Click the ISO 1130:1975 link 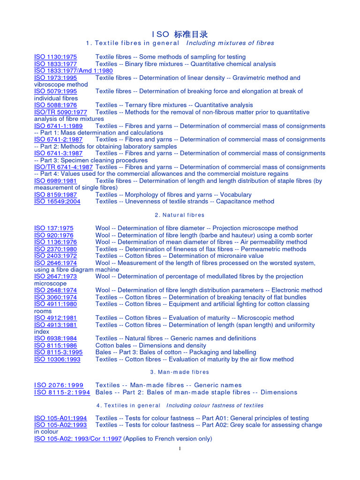[x=55, y=57]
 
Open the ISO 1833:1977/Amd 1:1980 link [x=73, y=71]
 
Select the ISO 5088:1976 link [x=55, y=105]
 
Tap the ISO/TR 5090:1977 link [x=60, y=112]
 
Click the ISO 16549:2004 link [x=57, y=202]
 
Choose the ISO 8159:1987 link [x=55, y=195]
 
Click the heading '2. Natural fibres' [x=180, y=215]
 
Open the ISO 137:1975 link [x=53, y=228]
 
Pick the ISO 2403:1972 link [x=55, y=256]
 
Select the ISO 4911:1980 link [x=55, y=304]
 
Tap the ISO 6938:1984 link [x=55, y=338]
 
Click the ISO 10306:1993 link [x=57, y=360]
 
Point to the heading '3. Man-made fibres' [x=180, y=372]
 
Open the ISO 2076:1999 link [x=59, y=385]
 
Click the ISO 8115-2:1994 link [x=62, y=392]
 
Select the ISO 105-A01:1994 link [x=60, y=418]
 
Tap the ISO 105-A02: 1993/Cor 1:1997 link [x=78, y=439]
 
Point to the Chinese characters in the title [x=190, y=34]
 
